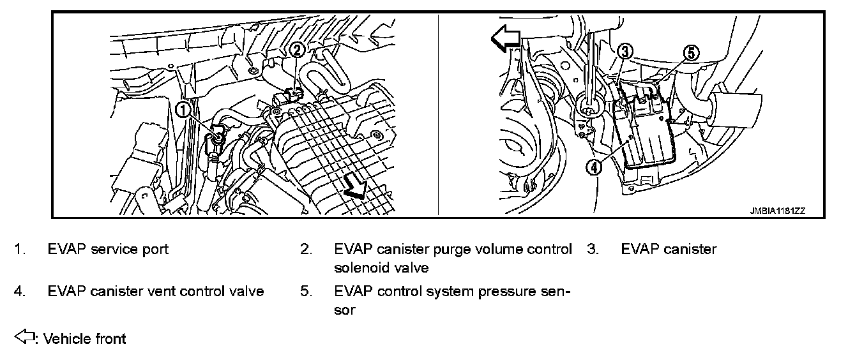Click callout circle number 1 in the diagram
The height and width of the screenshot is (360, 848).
pos(183,110)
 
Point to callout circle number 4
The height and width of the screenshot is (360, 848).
pos(594,167)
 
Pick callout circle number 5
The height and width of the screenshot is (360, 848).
pos(692,53)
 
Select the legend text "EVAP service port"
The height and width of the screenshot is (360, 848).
pos(108,249)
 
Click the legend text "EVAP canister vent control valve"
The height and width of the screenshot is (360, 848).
pos(156,291)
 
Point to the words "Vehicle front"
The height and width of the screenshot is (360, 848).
pos(84,339)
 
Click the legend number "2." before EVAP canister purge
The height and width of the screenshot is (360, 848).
pos(306,249)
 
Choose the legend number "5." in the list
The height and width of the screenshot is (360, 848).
pos(306,291)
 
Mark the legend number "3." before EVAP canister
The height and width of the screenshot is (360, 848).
pos(592,249)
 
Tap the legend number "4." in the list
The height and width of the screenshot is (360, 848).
pos(20,291)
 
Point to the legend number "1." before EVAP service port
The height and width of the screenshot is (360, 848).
pos(20,249)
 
